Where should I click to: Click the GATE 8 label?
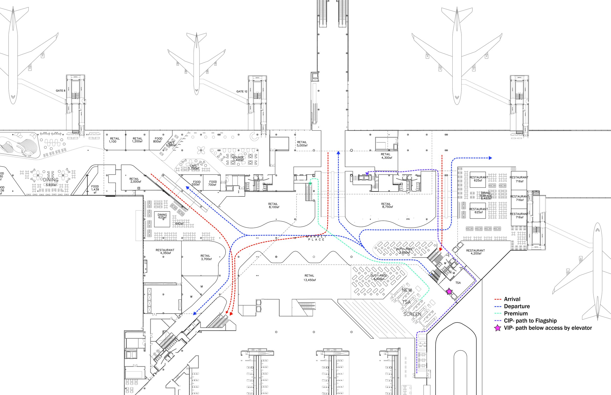pos(61,91)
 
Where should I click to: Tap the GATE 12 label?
pos(241,92)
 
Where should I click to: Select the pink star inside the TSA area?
pos(449,291)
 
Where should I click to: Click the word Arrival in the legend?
pos(512,299)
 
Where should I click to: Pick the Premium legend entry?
pos(515,313)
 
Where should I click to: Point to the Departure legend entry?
pos(516,306)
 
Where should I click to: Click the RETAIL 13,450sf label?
pos(309,278)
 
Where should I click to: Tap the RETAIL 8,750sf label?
pos(387,205)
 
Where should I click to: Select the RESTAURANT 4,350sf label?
pos(165,251)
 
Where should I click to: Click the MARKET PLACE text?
pos(316,238)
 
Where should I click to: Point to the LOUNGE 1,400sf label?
pos(238,158)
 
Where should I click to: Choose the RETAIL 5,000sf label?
pos(302,144)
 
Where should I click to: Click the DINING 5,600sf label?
pos(51,182)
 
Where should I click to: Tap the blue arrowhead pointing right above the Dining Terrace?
pos(490,158)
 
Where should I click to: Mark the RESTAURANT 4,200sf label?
pos(475,252)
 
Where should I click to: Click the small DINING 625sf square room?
pos(162,219)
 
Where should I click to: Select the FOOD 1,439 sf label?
pos(95,189)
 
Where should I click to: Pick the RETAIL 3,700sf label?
pos(206,257)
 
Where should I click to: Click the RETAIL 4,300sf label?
pos(386,156)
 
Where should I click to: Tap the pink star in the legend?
pos(498,328)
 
